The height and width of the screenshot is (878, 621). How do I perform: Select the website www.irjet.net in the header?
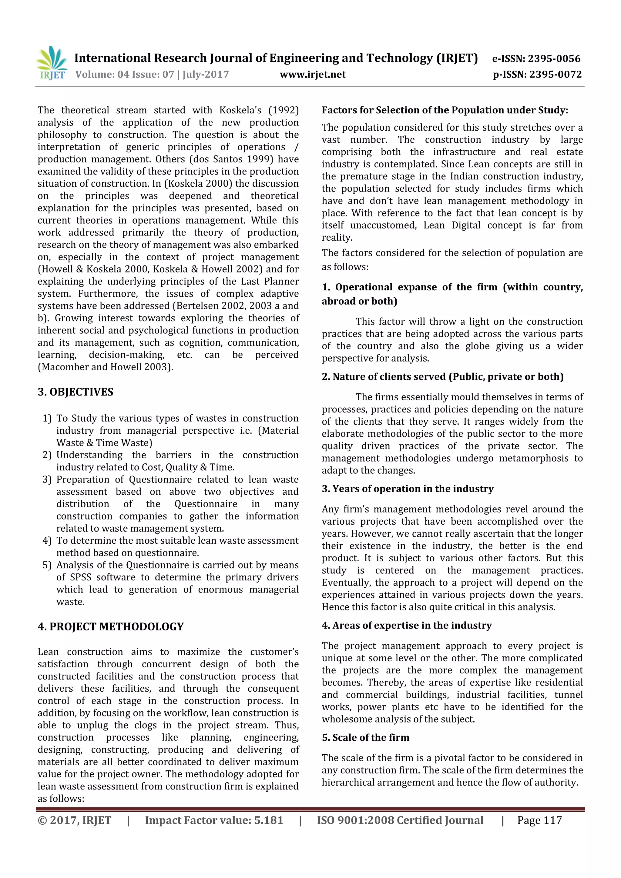pos(313,75)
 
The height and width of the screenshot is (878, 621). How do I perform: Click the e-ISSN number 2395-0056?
pos(554,58)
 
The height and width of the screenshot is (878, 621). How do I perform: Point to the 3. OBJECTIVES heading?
pos(76,392)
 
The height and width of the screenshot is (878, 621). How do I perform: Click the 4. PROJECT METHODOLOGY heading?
pos(111,627)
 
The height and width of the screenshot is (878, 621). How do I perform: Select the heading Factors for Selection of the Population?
pos(445,110)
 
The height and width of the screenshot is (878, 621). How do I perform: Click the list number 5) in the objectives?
pos(47,565)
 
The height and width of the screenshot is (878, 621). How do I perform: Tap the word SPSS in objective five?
pos(80,577)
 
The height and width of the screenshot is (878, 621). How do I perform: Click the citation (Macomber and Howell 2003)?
pos(105,367)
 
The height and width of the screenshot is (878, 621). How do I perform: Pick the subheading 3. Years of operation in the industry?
pos(408,489)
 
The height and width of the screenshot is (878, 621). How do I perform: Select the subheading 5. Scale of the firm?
pos(365,737)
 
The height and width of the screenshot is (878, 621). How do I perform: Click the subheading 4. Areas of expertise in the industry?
pos(406,625)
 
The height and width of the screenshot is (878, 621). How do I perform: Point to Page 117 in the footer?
pos(539,820)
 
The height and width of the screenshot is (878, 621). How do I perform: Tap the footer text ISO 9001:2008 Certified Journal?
pos(400,820)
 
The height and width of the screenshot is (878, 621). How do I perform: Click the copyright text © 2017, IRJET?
pos(74,820)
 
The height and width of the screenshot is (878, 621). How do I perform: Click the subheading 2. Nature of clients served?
pos(442,377)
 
